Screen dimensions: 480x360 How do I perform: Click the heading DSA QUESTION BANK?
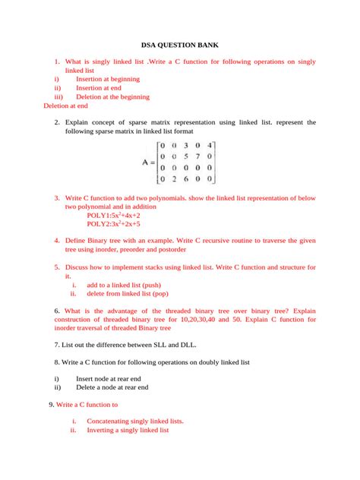pyautogui.click(x=180, y=46)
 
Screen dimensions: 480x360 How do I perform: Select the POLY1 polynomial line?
pyautogui.click(x=114, y=215)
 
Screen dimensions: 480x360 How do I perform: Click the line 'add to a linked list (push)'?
pyautogui.click(x=128, y=285)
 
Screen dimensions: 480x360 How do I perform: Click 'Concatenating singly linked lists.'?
pyautogui.click(x=135, y=421)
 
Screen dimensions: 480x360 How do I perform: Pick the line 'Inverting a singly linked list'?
pyautogui.click(x=128, y=430)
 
